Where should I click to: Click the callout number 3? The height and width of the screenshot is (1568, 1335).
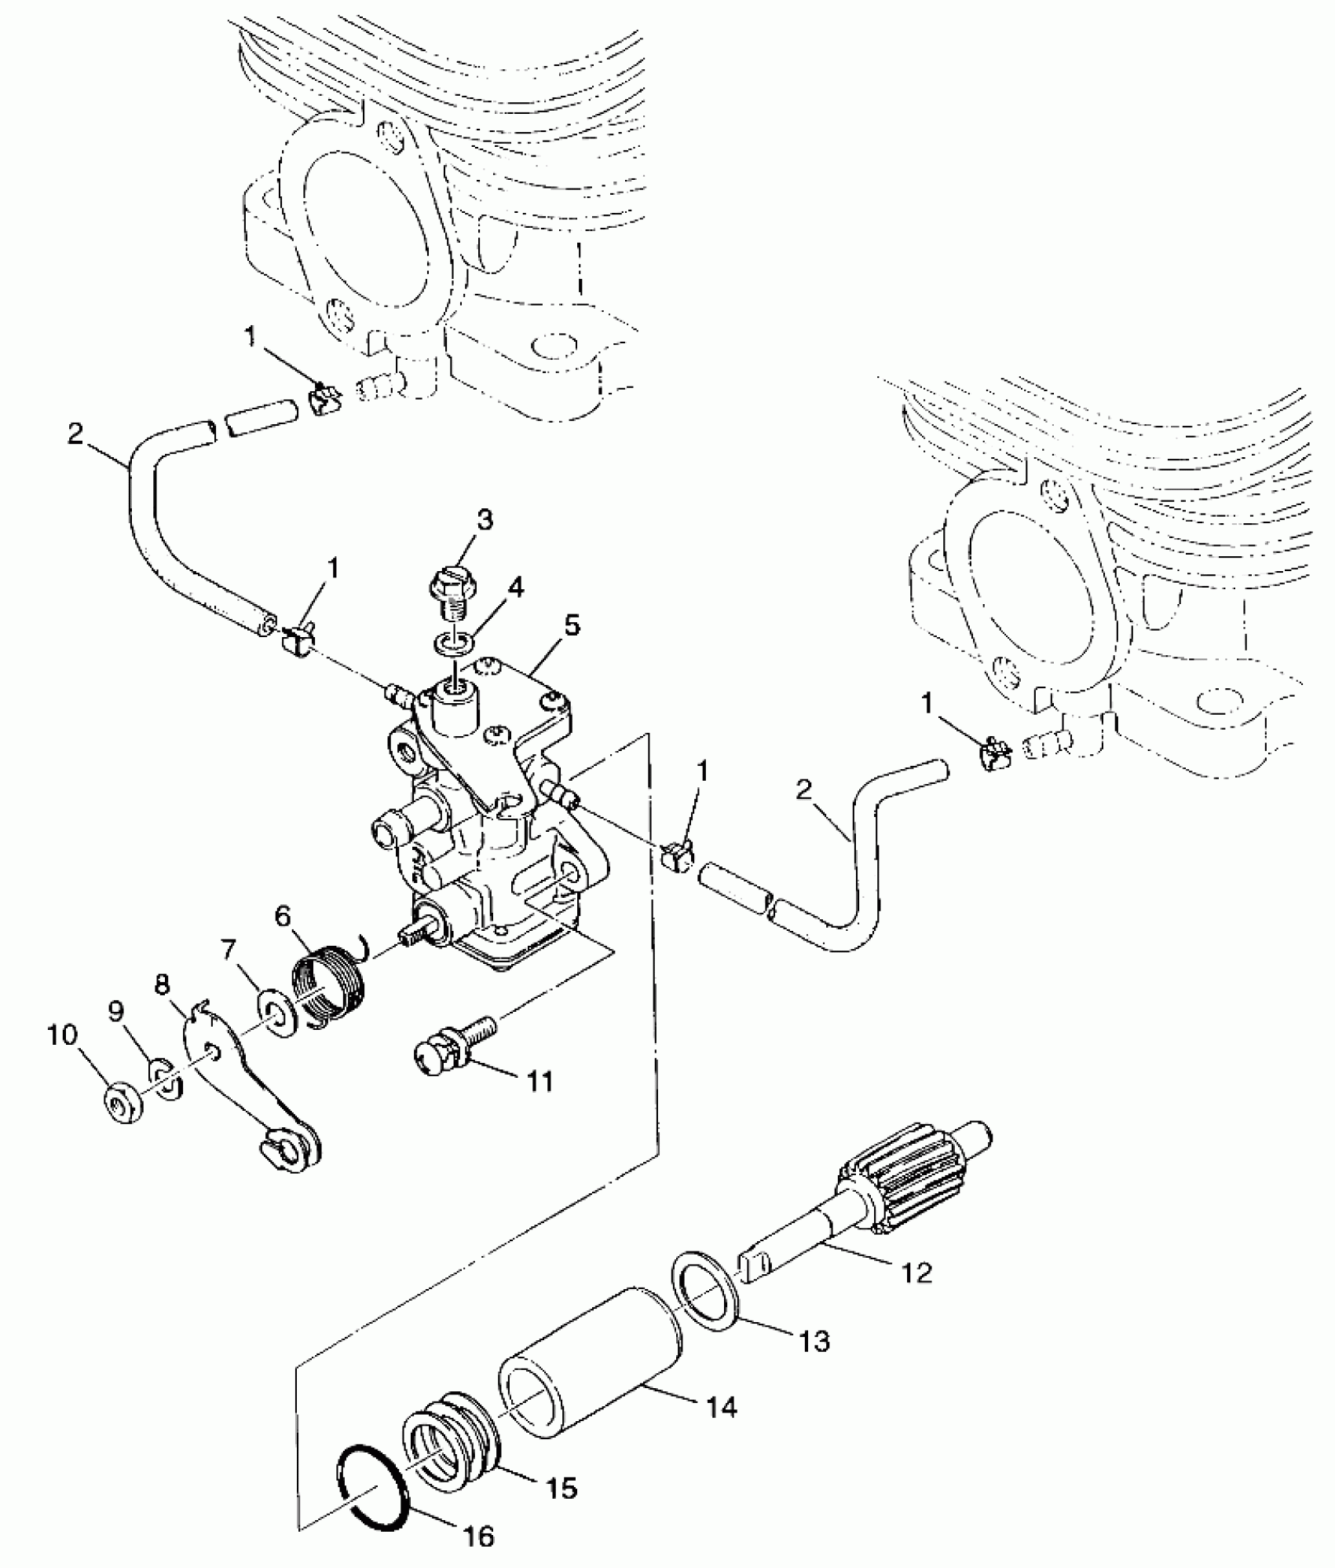tap(485, 519)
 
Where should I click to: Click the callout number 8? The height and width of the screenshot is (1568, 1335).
tap(163, 985)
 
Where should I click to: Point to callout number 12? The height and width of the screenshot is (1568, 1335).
tap(916, 1273)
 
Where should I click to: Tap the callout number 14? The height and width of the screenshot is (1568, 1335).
tap(722, 1407)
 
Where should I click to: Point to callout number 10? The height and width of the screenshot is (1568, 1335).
tap(63, 1035)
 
